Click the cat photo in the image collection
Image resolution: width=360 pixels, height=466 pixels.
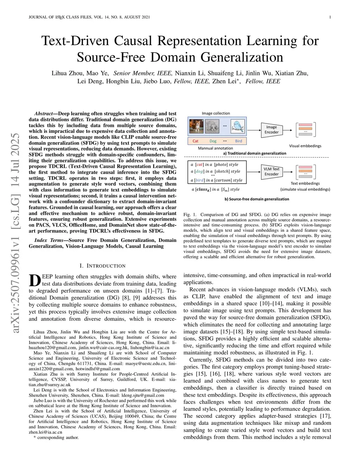point(196,126)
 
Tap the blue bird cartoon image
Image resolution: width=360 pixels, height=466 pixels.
point(238,126)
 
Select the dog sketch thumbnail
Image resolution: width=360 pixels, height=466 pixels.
point(212,126)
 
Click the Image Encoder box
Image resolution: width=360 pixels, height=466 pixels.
point(271,130)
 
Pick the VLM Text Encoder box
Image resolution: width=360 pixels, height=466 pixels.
point(271,171)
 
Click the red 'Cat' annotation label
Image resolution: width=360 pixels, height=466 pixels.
point(195,141)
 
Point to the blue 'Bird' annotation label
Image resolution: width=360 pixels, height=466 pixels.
point(238,141)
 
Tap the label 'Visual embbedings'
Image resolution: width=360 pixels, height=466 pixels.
point(305,146)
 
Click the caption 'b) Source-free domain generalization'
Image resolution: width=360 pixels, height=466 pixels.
point(257,199)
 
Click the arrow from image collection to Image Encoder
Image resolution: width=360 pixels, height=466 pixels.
point(254,130)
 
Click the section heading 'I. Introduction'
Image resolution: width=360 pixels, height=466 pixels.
point(102,266)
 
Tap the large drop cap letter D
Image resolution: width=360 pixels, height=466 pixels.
point(34,281)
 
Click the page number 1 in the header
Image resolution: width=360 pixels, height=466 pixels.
point(330,17)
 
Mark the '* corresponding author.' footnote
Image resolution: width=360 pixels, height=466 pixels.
point(56,438)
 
